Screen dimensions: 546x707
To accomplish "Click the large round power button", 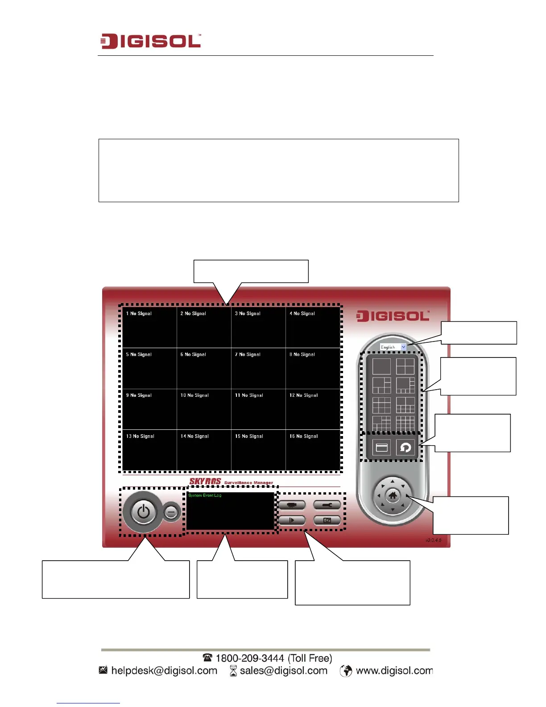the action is point(143,512).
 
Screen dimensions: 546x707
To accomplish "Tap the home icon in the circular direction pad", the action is point(393,495).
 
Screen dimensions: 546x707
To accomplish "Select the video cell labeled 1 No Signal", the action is point(149,327).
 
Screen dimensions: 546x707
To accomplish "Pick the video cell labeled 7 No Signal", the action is point(258,368).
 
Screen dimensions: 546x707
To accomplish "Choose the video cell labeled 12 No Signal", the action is point(313,409).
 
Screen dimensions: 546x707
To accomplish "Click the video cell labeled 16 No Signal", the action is point(313,450).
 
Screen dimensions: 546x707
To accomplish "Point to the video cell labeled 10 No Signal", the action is point(204,409).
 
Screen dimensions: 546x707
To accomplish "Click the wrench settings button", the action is point(327,505).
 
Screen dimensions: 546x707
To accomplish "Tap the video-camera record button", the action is point(292,505).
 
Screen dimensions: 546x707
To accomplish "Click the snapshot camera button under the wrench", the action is point(327,520).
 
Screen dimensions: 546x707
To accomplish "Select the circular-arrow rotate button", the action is point(405,447).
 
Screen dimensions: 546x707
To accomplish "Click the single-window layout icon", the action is point(381,366).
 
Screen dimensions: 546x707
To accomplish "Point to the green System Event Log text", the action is point(205,495).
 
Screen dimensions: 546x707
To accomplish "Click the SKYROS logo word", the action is point(205,481).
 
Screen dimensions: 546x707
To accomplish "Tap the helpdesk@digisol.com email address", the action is point(164,670).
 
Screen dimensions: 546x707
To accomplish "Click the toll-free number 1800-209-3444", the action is point(250,658).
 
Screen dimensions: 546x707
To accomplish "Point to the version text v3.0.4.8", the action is point(433,540).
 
